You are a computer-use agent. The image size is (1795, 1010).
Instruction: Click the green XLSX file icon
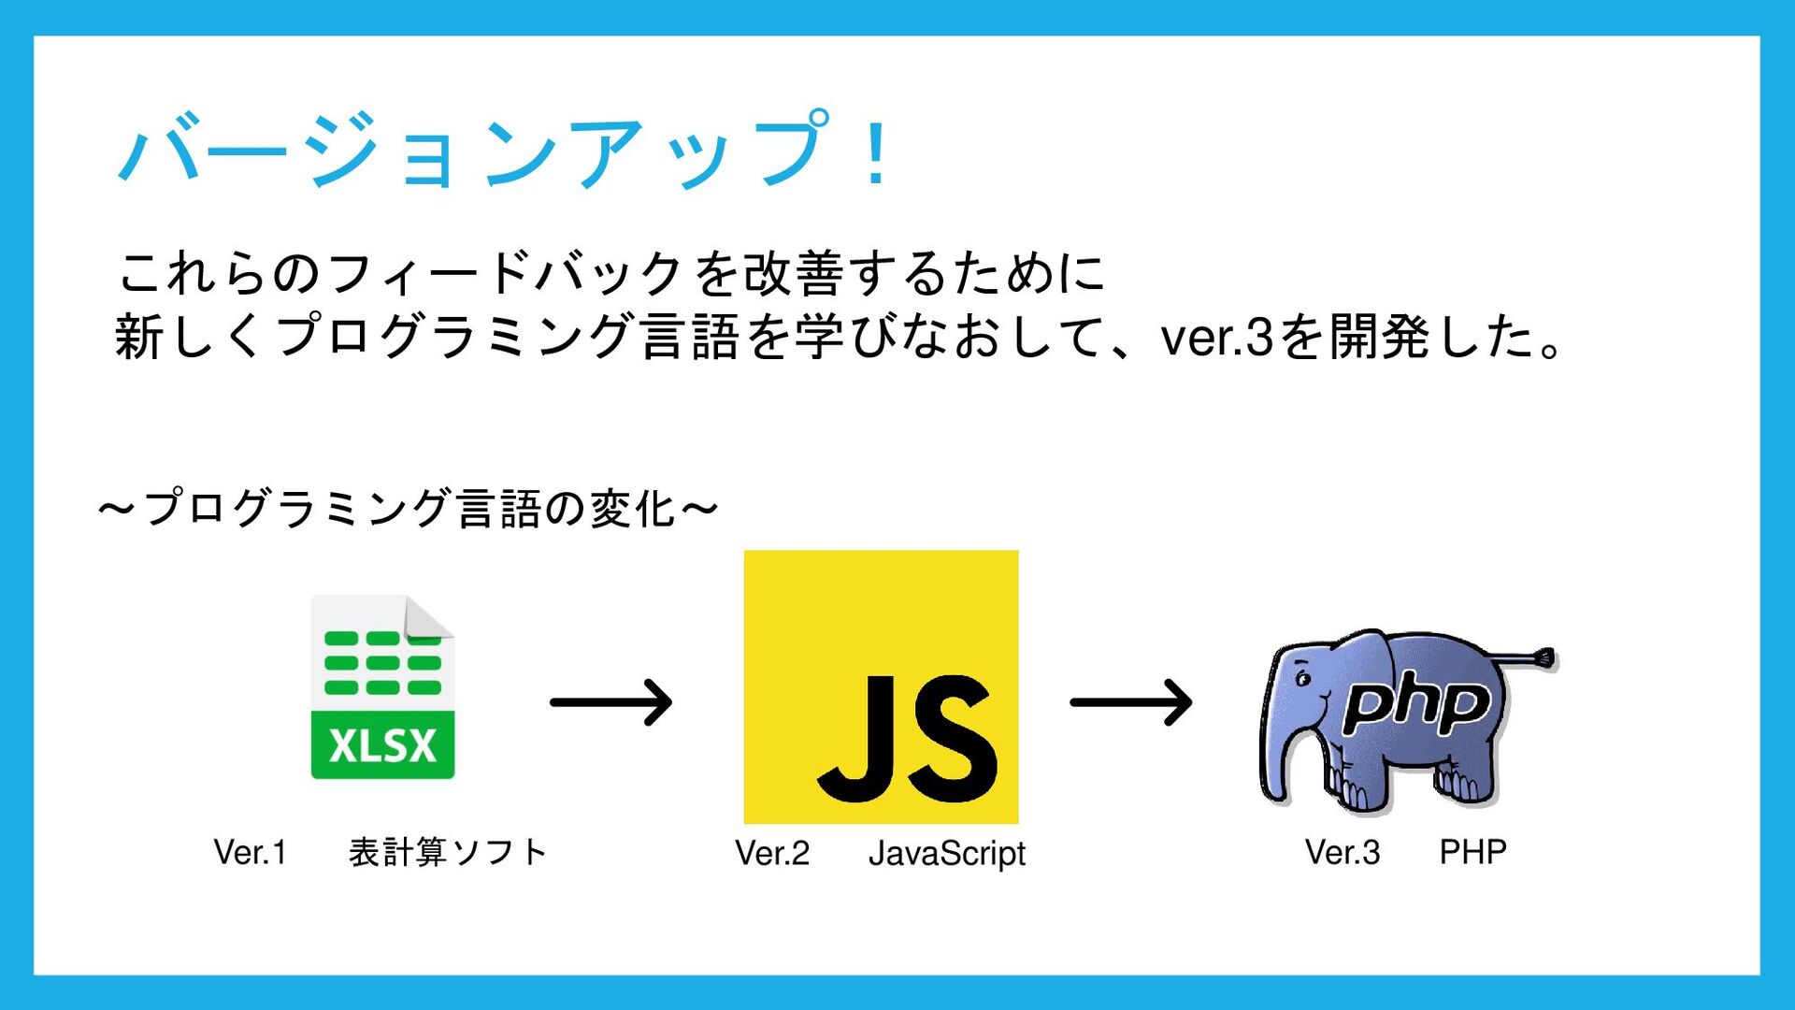pyautogui.click(x=382, y=687)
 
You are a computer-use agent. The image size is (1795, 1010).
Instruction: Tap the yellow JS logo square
pyautogui.click(x=881, y=687)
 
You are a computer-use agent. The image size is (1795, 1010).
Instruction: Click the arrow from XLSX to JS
pyautogui.click(x=611, y=702)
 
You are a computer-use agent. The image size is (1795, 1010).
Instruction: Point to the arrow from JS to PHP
pyautogui.click(x=1131, y=702)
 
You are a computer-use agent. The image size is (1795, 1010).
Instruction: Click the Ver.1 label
pyautogui.click(x=250, y=852)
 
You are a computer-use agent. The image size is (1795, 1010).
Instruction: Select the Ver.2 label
pyautogui.click(x=772, y=853)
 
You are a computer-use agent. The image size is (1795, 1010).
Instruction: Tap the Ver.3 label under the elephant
pyautogui.click(x=1343, y=852)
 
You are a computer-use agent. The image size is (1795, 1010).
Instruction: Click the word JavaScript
pyautogui.click(x=947, y=854)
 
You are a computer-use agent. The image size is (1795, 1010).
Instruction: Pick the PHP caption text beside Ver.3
pyautogui.click(x=1472, y=852)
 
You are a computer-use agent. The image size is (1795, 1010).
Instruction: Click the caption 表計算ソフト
pyautogui.click(x=447, y=852)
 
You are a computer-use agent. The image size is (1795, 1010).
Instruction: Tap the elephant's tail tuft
pyautogui.click(x=1544, y=658)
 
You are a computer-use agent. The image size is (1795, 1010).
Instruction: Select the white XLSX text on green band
pyautogui.click(x=382, y=745)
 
